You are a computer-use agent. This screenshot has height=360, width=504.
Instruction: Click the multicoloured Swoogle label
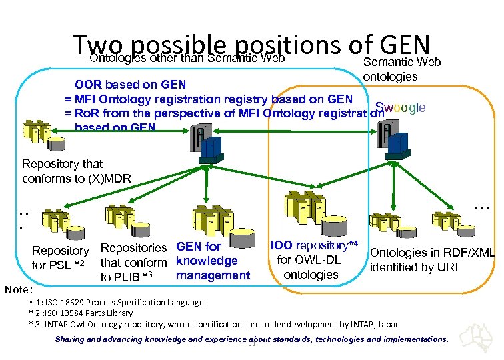coord(400,108)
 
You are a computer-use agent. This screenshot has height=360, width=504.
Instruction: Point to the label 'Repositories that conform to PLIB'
coord(133,262)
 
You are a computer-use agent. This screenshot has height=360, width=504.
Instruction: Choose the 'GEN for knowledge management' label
coord(213,261)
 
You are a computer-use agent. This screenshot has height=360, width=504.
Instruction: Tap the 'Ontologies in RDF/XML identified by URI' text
coord(432,260)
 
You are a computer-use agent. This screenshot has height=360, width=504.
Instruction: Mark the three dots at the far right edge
coord(482,209)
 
